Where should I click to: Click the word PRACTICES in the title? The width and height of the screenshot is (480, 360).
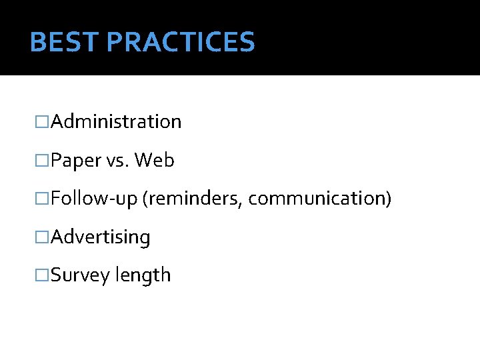point(181,42)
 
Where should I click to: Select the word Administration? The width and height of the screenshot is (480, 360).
point(116,122)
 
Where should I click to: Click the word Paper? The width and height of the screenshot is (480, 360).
point(74,161)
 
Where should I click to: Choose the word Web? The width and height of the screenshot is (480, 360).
point(155,161)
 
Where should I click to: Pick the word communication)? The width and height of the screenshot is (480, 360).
point(319,199)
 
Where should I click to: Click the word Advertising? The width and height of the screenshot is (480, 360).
point(101,237)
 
